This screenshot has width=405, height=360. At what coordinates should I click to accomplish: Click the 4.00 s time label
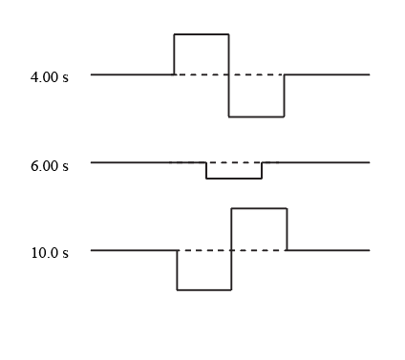tap(50, 77)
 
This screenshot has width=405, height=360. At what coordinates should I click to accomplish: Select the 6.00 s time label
tap(50, 166)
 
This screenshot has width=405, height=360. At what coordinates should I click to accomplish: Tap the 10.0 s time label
tap(50, 253)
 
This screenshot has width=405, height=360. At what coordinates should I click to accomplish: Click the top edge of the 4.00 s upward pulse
tap(202, 34)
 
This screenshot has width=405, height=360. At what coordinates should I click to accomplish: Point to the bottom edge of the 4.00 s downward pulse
tap(256, 116)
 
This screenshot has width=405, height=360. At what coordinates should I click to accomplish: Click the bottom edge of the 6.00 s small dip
tap(234, 179)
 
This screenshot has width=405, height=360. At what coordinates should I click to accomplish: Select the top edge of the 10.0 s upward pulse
tap(259, 208)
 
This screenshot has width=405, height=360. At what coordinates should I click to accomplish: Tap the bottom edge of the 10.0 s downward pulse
tap(204, 290)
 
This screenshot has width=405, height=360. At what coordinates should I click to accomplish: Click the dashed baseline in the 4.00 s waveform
tap(229, 74)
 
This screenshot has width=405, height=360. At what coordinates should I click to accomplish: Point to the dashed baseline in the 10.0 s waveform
tap(232, 250)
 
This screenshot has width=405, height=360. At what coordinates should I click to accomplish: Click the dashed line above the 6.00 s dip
tap(224, 162)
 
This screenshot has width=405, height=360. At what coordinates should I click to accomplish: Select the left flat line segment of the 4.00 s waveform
tap(132, 74)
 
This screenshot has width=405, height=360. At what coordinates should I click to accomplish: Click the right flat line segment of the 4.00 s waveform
tap(327, 74)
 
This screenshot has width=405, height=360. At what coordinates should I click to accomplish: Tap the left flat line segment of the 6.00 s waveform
tap(148, 162)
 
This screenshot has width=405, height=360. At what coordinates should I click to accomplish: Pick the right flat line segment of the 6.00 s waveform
tap(316, 162)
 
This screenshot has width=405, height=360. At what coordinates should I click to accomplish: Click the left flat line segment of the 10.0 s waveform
tap(134, 250)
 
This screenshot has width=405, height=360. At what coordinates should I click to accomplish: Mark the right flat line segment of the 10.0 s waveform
tap(329, 250)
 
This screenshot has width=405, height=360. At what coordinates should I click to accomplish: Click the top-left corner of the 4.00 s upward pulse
tap(174, 34)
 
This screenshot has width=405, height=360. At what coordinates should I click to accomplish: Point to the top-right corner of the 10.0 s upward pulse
tap(287, 208)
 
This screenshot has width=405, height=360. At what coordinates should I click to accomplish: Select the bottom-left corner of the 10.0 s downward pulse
tap(178, 290)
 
